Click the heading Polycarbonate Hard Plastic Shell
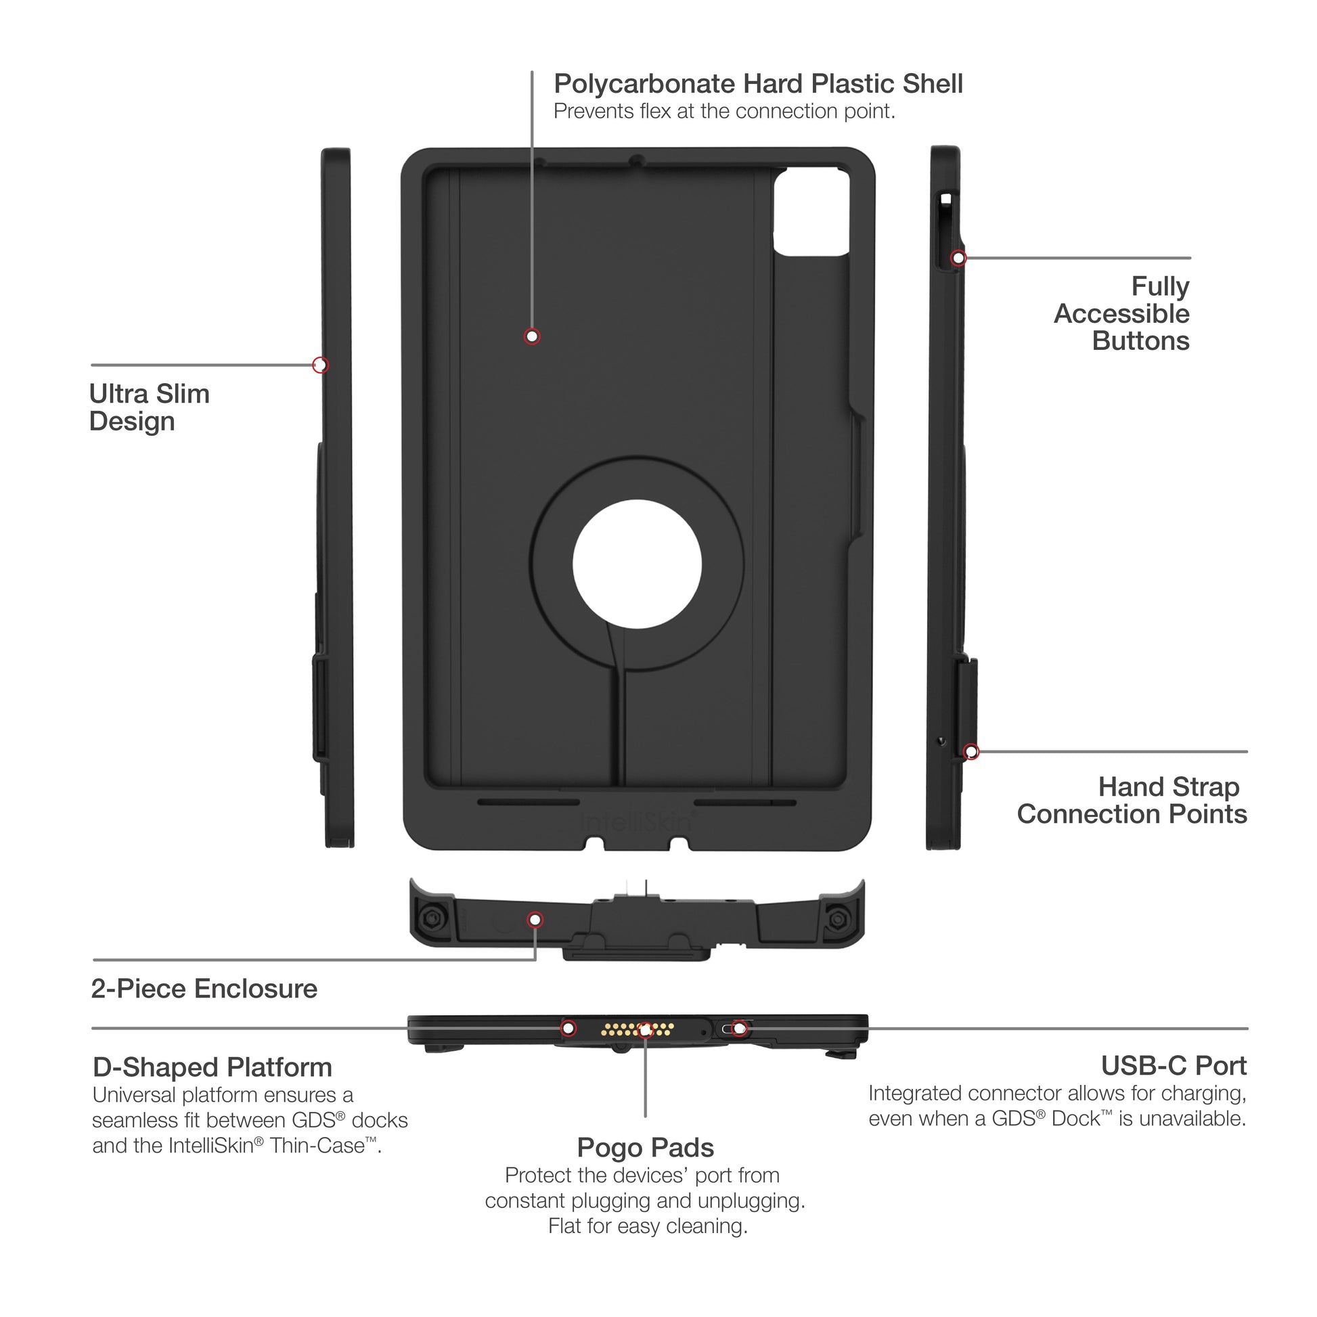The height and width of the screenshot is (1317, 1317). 757,84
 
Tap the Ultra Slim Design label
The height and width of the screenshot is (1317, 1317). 149,407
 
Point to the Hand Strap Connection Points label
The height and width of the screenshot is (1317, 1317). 1132,801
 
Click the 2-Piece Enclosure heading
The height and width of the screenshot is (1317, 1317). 204,989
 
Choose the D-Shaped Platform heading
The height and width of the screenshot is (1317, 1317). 212,1067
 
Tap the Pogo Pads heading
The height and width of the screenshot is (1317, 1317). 645,1148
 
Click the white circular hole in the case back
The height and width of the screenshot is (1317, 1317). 637,564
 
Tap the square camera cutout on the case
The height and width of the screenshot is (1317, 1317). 811,213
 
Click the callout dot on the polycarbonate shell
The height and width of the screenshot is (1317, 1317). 532,336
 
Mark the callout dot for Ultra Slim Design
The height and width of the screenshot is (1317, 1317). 320,365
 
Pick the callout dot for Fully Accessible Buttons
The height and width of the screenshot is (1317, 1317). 958,258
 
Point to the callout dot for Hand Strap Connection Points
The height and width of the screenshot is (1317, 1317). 971,752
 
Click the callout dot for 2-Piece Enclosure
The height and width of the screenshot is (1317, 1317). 535,920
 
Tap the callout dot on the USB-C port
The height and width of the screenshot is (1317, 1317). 738,1028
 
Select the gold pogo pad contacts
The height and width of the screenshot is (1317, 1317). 638,1029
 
